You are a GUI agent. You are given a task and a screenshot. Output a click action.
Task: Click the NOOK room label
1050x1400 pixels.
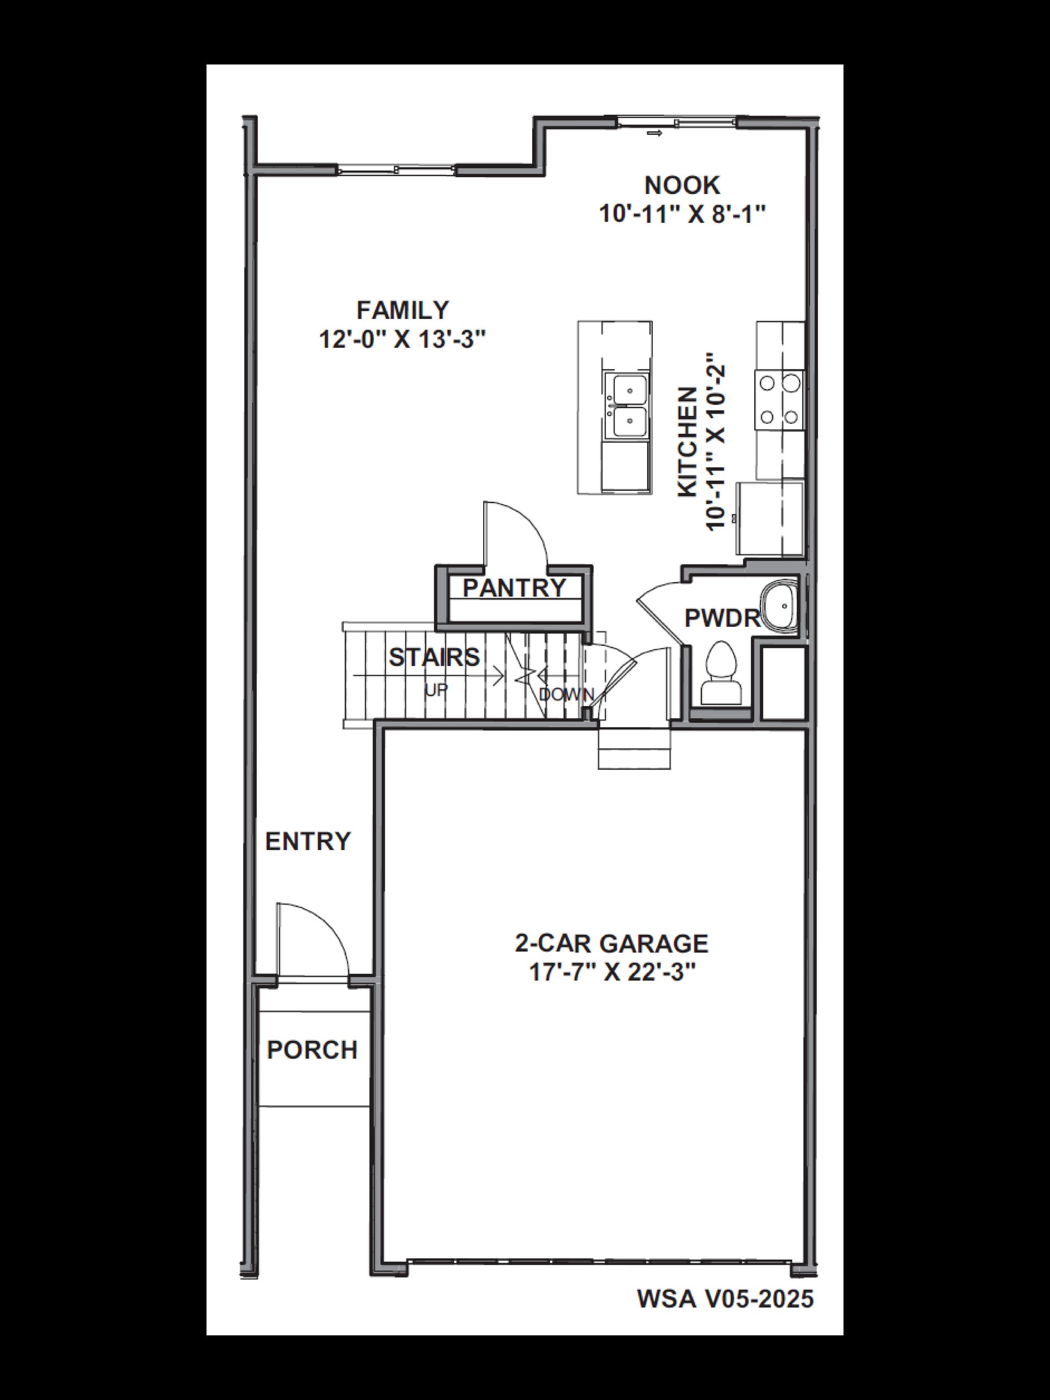(x=682, y=185)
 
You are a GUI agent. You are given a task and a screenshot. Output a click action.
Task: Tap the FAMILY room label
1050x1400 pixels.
(x=403, y=310)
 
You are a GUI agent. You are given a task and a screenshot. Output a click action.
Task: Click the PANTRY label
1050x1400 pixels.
(x=514, y=588)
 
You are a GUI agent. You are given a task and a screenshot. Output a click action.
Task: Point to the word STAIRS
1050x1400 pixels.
(x=434, y=658)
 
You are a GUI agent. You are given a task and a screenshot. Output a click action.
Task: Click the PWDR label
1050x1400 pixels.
(x=722, y=618)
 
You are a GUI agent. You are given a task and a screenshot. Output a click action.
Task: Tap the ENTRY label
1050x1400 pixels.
(x=308, y=841)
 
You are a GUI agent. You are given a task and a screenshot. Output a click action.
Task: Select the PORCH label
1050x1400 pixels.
(x=312, y=1050)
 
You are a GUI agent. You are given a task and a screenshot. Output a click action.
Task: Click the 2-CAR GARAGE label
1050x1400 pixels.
(x=611, y=943)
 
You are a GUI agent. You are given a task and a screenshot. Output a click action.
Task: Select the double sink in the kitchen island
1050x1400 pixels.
(x=626, y=405)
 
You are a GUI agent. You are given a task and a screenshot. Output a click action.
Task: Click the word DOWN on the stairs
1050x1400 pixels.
(x=566, y=695)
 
